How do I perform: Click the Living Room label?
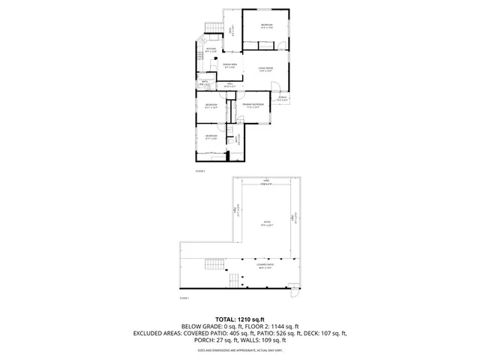(x=265, y=69)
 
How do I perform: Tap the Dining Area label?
(x=229, y=66)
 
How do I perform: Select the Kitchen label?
(x=211, y=50)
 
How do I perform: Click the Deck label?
(x=232, y=31)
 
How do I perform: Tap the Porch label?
(x=282, y=98)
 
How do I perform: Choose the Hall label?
(x=229, y=85)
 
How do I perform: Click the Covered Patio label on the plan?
(x=265, y=265)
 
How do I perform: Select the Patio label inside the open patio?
(x=267, y=223)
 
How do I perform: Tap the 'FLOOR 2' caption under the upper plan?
(x=200, y=171)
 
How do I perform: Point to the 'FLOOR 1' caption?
(x=184, y=298)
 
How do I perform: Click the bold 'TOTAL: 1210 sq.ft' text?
(x=239, y=319)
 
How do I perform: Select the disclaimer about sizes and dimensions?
(x=239, y=350)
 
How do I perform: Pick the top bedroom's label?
(x=266, y=26)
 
